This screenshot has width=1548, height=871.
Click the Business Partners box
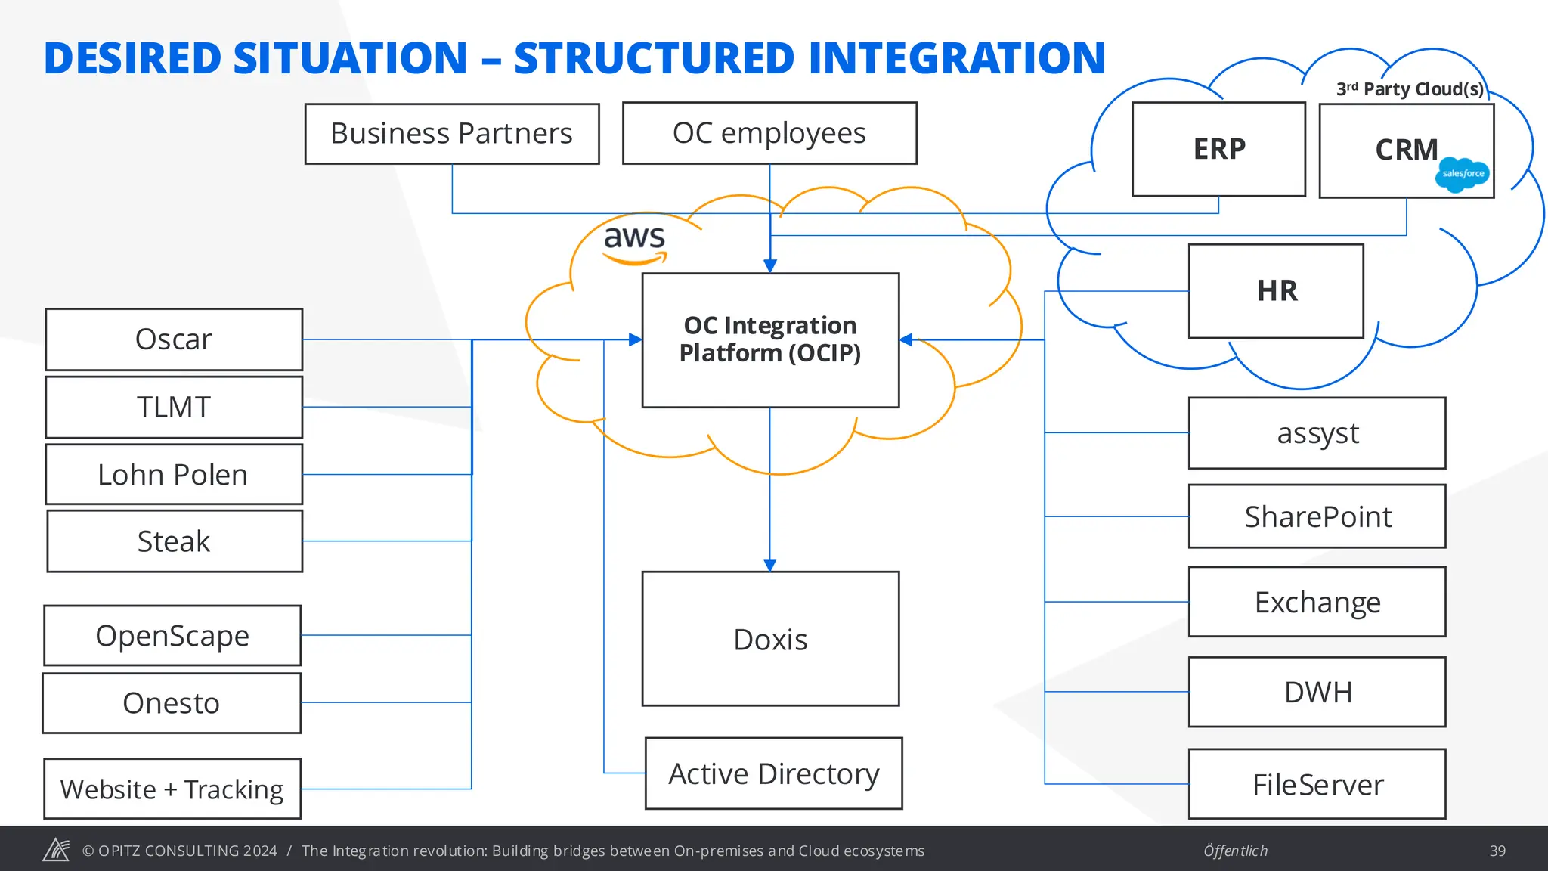pyautogui.click(x=452, y=134)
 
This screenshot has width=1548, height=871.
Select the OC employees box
pyautogui.click(x=769, y=134)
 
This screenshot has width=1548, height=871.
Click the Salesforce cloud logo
pyautogui.click(x=1463, y=175)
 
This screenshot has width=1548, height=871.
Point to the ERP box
pyautogui.click(x=1218, y=149)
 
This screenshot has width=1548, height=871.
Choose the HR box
pyautogui.click(x=1276, y=291)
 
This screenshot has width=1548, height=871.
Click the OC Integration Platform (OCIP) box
pyautogui.click(x=770, y=340)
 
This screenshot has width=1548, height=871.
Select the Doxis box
pyautogui.click(x=770, y=639)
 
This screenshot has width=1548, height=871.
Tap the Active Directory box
pyautogui.click(x=773, y=773)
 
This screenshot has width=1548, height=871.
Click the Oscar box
pyautogui.click(x=174, y=339)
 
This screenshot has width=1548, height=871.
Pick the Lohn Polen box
pyautogui.click(x=174, y=474)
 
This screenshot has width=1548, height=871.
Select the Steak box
pyautogui.click(x=174, y=541)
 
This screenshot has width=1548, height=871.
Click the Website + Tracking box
pyautogui.click(x=172, y=789)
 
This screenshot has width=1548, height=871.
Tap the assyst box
pyautogui.click(x=1317, y=433)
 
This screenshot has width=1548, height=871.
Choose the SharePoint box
pyautogui.click(x=1317, y=516)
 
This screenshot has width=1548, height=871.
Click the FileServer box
pyautogui.click(x=1317, y=784)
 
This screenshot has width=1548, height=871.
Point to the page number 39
pyautogui.click(x=1497, y=851)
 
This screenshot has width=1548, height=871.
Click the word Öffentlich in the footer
pyautogui.click(x=1235, y=851)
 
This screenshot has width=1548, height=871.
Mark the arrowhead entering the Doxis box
pyautogui.click(x=770, y=566)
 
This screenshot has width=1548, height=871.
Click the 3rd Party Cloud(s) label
pyautogui.click(x=1410, y=89)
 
